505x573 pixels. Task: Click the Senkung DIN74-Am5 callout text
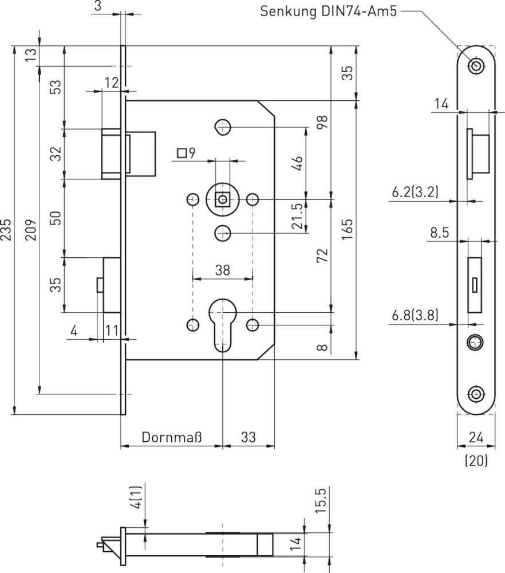[328, 11]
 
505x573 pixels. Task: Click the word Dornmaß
[172, 437]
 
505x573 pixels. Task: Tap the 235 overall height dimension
[6, 230]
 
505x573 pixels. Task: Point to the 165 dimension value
[347, 230]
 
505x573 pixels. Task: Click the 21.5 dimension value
[298, 217]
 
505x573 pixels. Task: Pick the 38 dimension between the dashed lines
[222, 270]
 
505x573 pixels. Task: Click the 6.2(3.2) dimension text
[415, 192]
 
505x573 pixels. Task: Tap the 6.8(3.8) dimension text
[415, 315]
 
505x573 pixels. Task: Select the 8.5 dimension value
[440, 233]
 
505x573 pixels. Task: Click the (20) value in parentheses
[476, 461]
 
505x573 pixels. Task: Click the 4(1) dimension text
[137, 498]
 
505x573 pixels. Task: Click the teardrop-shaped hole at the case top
[222, 127]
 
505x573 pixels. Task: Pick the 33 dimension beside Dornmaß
[248, 437]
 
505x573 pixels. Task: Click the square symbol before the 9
[182, 153]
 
